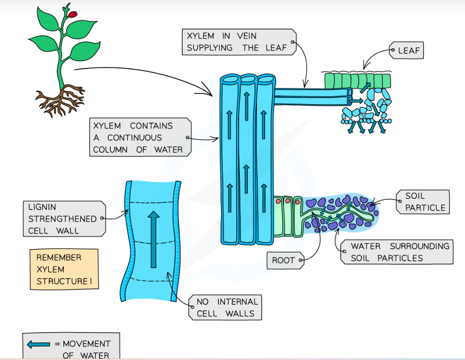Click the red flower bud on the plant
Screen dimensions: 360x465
click(73, 15)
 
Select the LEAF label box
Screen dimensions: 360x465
click(406, 51)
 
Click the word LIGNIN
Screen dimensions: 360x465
click(42, 207)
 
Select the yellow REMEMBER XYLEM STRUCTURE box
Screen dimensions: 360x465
click(64, 269)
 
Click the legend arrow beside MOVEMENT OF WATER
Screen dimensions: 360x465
click(39, 344)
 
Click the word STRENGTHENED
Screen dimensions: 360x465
click(62, 219)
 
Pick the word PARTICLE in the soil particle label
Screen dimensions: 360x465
click(425, 208)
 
